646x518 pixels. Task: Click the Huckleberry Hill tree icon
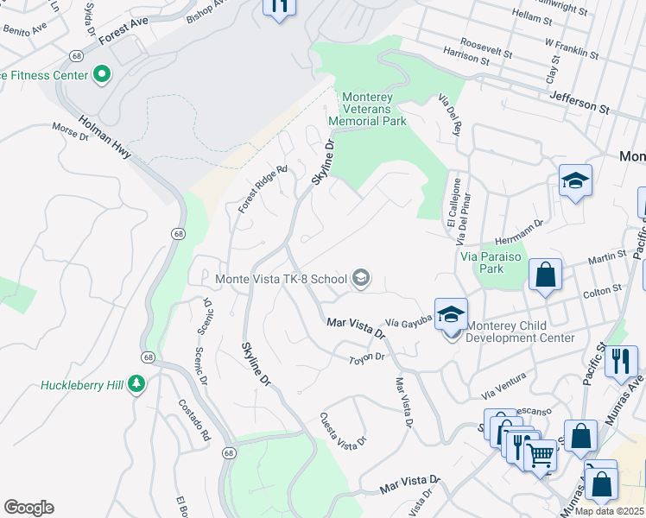pos(136,382)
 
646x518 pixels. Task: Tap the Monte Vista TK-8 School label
pos(281,278)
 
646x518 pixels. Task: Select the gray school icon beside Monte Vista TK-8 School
pos(361,278)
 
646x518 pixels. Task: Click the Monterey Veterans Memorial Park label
pos(374,109)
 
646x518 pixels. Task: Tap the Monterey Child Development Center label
pos(520,332)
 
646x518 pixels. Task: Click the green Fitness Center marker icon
pos(102,75)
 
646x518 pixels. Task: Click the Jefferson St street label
pos(579,104)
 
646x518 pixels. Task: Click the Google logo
pos(28,508)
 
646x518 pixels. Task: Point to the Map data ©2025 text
pos(609,511)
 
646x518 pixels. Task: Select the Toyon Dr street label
pos(365,357)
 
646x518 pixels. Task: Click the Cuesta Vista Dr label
pos(343,431)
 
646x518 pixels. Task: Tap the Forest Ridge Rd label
pos(263,189)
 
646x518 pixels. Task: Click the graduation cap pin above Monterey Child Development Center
pos(450,314)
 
